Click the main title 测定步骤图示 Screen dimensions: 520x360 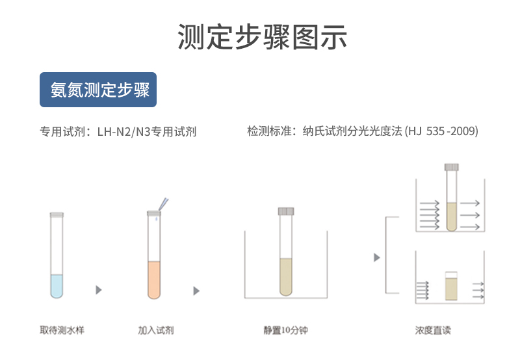(x=262, y=37)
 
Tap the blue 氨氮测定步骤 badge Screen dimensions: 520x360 (x=98, y=90)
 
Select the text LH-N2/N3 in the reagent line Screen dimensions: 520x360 (x=123, y=132)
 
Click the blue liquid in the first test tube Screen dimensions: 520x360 (x=57, y=286)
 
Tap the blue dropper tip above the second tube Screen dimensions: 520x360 (x=164, y=204)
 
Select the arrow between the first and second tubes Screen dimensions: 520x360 (x=99, y=290)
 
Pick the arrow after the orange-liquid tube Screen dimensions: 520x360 (x=196, y=290)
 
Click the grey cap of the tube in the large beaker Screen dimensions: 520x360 (x=286, y=211)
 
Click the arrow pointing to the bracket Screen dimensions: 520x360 (x=377, y=257)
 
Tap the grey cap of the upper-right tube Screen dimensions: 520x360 (x=451, y=167)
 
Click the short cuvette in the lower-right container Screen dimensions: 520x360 (x=451, y=286)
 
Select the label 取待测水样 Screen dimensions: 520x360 (x=62, y=330)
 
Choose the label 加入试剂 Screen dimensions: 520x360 (x=156, y=330)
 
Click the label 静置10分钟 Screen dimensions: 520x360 (x=285, y=330)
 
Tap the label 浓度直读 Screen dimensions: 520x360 (x=433, y=330)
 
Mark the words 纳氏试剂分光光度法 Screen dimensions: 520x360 (x=352, y=131)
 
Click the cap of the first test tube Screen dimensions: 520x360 (x=57, y=214)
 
